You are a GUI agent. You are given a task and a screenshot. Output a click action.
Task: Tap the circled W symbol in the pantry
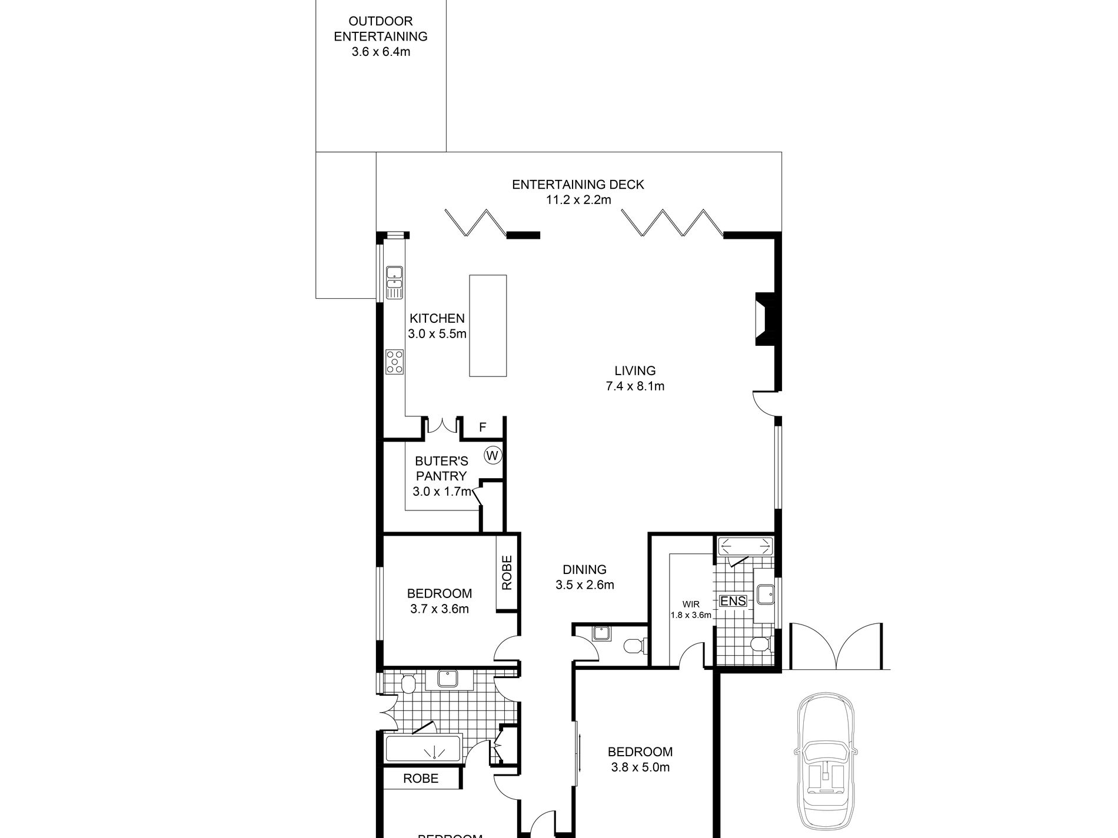(x=493, y=455)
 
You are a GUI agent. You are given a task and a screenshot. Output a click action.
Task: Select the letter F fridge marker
(x=483, y=428)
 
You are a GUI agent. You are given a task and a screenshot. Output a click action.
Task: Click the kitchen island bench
(x=488, y=325)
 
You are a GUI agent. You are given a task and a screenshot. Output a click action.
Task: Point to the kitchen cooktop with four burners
(x=395, y=361)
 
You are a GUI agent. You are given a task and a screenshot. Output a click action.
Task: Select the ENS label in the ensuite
(x=733, y=601)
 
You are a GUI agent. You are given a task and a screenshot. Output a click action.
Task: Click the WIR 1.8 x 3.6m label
(x=691, y=610)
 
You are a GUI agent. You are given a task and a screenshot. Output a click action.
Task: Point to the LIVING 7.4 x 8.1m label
(x=635, y=378)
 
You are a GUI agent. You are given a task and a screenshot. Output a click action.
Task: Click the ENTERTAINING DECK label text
(x=578, y=185)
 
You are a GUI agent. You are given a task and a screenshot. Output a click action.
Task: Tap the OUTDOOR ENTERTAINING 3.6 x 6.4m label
(x=381, y=36)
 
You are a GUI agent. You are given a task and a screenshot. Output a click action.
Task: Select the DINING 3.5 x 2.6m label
(x=584, y=577)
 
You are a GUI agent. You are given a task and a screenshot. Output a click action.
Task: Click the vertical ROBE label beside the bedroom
(x=507, y=573)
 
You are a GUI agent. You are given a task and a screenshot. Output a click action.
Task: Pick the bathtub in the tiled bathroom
(x=423, y=749)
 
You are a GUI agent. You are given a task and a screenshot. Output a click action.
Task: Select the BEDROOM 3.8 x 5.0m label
(x=640, y=759)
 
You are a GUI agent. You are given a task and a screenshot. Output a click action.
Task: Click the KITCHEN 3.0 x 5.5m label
(x=437, y=326)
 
